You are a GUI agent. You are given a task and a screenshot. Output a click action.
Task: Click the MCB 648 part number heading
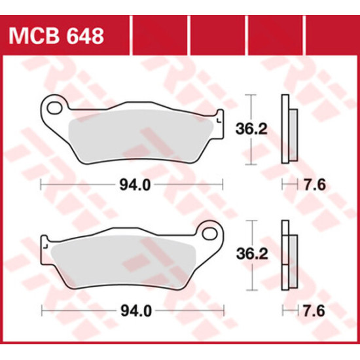point(56,36)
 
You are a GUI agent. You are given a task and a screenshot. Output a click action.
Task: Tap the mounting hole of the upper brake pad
point(54,108)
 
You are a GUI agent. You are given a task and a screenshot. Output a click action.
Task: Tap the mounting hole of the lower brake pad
point(209,234)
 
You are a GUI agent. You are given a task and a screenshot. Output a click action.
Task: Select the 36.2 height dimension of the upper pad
point(251,129)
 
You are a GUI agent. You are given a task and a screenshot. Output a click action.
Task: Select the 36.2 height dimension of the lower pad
point(252,255)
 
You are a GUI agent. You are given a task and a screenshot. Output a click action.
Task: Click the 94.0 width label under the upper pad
point(135,185)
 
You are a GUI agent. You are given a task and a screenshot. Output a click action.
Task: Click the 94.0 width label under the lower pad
point(136,312)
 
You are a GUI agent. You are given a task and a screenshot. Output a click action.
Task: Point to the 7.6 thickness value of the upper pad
point(315,185)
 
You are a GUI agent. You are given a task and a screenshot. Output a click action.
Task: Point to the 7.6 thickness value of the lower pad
point(314,312)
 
